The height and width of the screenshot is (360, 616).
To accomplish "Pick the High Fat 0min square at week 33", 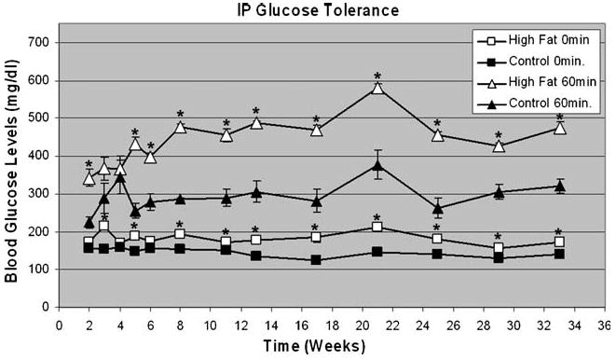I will (x=559, y=242).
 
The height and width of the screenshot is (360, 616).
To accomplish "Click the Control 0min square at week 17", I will (x=316, y=259).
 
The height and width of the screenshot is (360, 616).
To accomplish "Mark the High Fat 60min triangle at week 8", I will (x=180, y=127).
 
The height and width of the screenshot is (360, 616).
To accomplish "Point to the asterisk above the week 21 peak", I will (x=376, y=76).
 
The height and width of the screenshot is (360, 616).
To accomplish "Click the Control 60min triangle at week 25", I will (x=437, y=208).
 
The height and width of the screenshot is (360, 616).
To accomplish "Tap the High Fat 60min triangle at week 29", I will (x=499, y=146).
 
